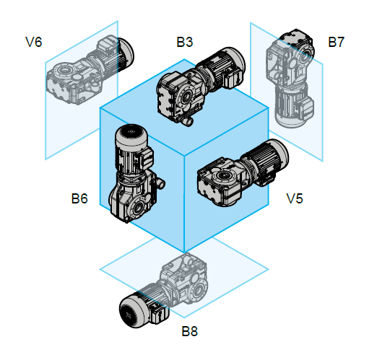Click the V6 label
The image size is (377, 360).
[x=34, y=42]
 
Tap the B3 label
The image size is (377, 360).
[x=185, y=42]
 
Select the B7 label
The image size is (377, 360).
[x=336, y=42]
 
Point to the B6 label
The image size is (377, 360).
[x=79, y=198]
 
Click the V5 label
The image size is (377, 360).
[x=295, y=198]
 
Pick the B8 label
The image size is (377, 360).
[x=189, y=331]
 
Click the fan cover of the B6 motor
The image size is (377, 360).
[x=131, y=135]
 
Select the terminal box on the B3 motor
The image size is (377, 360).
[x=233, y=77]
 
